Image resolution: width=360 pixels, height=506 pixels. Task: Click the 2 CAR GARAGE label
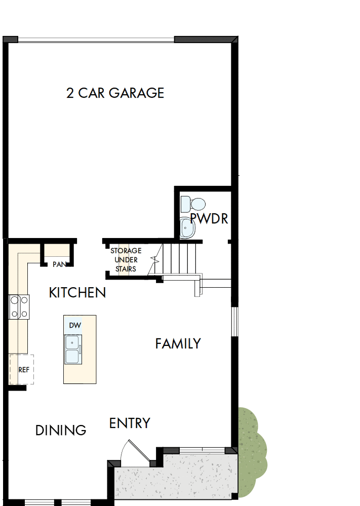click(x=115, y=93)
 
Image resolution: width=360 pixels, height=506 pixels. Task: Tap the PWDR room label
click(x=209, y=219)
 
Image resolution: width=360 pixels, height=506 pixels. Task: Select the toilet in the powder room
click(x=194, y=204)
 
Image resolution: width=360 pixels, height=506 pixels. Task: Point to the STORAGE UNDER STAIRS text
click(x=126, y=260)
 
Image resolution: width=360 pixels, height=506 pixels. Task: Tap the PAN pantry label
click(x=59, y=264)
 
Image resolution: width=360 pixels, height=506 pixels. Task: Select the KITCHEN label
click(x=77, y=292)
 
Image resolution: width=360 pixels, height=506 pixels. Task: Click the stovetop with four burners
click(x=18, y=307)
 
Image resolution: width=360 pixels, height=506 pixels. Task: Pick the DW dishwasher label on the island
click(x=75, y=325)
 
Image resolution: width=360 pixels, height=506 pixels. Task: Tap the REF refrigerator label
click(x=23, y=370)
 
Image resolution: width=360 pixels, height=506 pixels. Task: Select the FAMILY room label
click(x=178, y=344)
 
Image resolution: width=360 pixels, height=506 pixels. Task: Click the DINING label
click(x=61, y=431)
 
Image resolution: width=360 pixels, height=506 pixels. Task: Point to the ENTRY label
click(x=130, y=423)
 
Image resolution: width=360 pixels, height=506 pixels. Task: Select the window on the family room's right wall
click(x=234, y=321)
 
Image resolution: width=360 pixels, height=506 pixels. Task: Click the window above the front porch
click(x=202, y=450)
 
